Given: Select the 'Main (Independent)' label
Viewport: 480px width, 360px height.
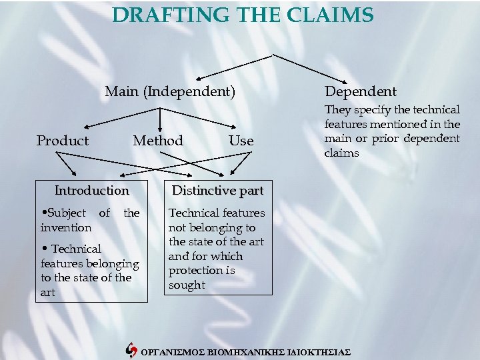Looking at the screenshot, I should point(170,91).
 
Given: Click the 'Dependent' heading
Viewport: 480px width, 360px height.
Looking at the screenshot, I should point(360,91).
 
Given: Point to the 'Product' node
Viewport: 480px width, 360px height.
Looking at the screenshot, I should point(62,141).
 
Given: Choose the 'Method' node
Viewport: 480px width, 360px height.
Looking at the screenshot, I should point(158,141).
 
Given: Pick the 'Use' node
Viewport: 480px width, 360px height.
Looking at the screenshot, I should point(241,141).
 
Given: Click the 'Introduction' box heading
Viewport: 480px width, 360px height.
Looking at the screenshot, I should point(92,191).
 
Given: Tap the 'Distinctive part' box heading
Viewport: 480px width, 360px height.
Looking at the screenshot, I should point(218,191).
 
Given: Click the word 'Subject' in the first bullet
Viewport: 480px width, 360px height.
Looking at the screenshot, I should point(65,213).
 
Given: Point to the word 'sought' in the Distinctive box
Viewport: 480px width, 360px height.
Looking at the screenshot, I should point(187,285).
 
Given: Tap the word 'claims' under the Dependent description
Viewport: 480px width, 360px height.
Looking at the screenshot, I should point(341,153).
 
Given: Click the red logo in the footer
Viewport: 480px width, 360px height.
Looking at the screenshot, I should point(131,349).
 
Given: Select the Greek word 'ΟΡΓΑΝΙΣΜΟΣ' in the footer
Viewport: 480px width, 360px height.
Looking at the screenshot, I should point(169,351).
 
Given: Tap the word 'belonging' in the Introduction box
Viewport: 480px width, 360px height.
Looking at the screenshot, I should point(110,263).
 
